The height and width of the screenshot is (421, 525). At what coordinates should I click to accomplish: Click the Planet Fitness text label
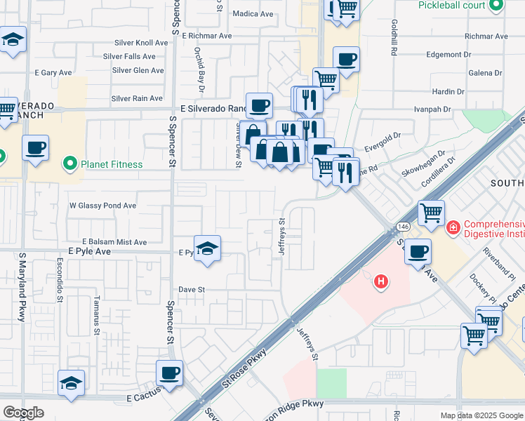click(111, 165)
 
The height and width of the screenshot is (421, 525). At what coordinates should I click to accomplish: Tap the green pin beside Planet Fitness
click(69, 165)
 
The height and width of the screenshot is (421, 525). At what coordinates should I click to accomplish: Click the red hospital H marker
click(381, 282)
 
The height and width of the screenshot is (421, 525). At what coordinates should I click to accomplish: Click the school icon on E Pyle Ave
click(207, 250)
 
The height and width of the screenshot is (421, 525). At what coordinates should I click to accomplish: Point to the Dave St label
click(191, 289)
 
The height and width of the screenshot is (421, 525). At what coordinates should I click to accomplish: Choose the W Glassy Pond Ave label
click(102, 206)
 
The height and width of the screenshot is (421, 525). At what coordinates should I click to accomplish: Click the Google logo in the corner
click(23, 413)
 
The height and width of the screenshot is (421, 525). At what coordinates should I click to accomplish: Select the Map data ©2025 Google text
click(481, 415)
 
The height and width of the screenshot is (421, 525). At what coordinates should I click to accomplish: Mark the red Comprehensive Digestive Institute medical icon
click(453, 227)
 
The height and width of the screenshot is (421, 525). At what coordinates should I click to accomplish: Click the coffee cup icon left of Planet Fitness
click(35, 149)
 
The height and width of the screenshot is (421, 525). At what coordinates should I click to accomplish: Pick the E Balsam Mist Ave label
click(114, 242)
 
